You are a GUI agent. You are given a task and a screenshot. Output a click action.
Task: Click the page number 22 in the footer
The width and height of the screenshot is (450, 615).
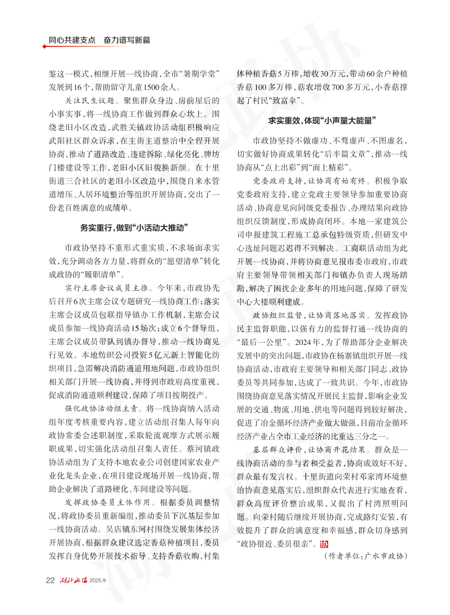(50, 579)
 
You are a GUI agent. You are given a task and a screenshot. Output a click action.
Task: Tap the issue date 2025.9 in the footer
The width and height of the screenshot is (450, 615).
(98, 580)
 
